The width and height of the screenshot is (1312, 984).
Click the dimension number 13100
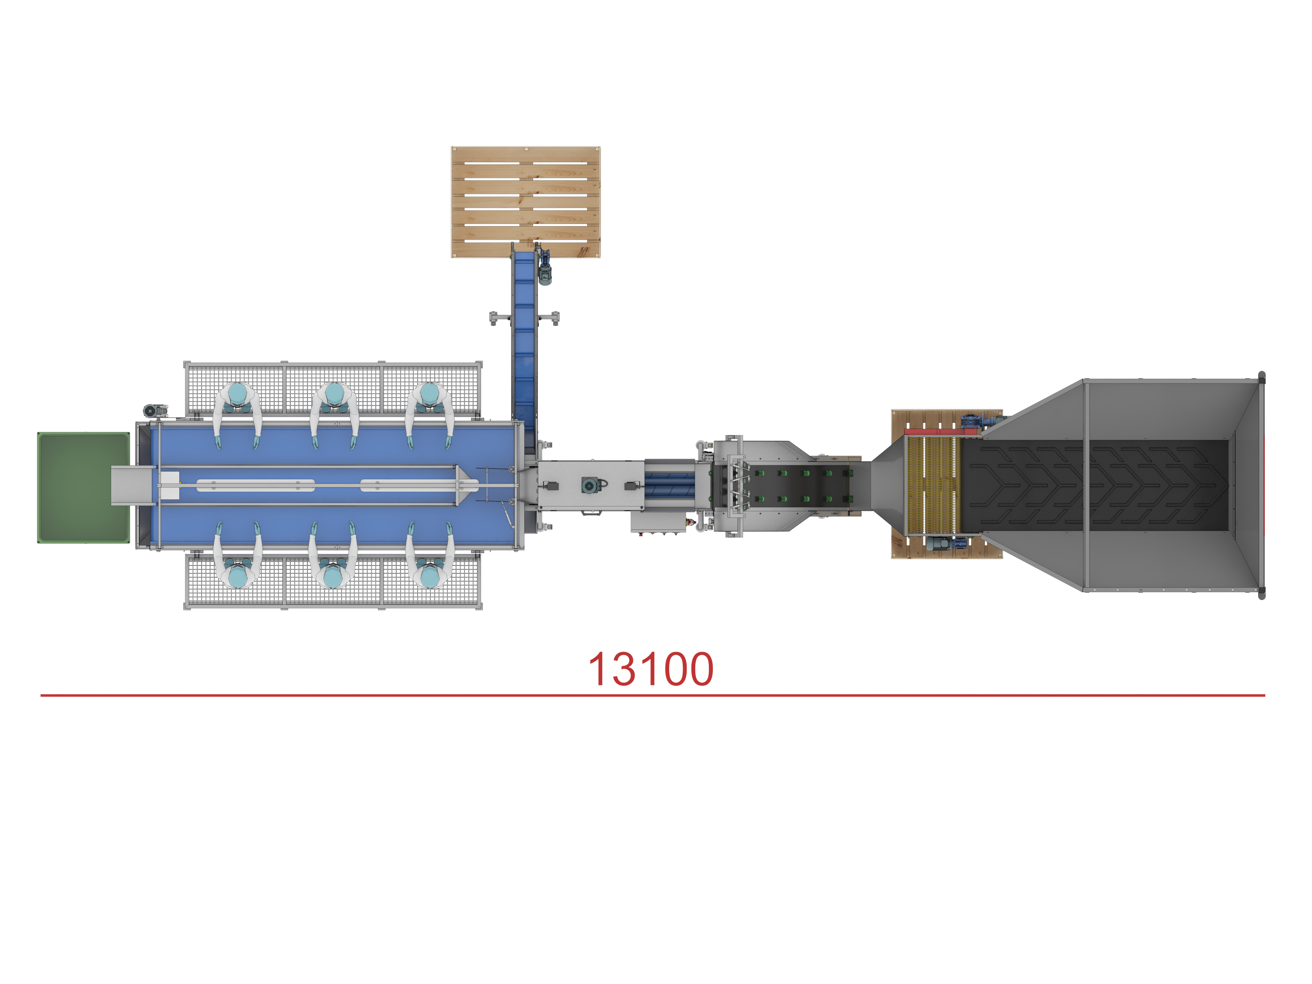pyautogui.click(x=651, y=669)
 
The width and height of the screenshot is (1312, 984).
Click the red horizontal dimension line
pyautogui.click(x=653, y=695)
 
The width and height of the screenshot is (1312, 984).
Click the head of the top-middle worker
pyautogui.click(x=334, y=393)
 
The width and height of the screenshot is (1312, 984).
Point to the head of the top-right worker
pyautogui.click(x=429, y=393)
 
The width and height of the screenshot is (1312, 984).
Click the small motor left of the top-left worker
pyautogui.click(x=152, y=410)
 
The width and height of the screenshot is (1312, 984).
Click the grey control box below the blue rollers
pyautogui.click(x=658, y=522)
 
